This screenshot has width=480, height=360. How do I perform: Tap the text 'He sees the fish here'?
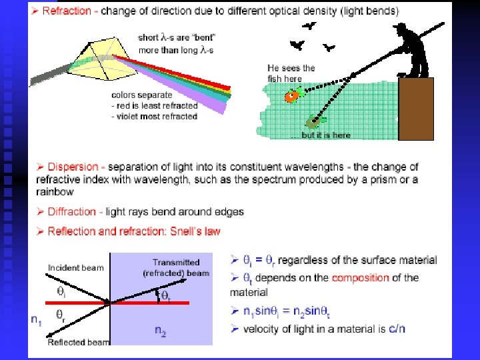coord(291,73)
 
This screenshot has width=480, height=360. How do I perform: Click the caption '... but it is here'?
coord(321,135)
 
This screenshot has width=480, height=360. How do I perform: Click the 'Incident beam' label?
coord(75,268)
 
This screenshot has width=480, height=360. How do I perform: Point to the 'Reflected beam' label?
coord(79,342)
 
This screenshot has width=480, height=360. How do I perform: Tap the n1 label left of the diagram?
coord(38,319)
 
